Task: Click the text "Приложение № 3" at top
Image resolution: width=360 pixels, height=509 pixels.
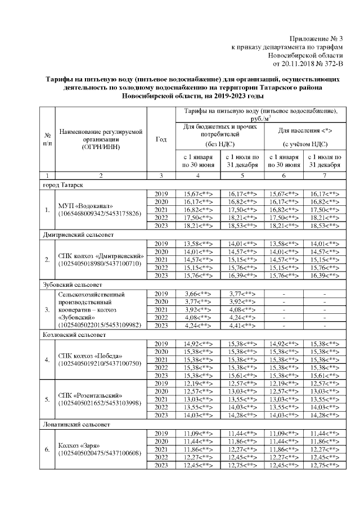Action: (316, 38)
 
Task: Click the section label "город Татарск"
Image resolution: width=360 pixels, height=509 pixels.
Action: (63, 184)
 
